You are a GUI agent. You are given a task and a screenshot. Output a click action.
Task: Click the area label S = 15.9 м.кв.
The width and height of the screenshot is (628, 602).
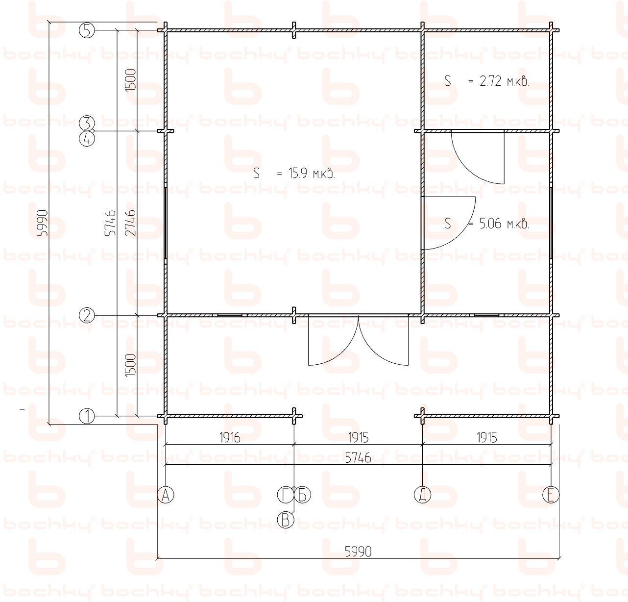tap(294, 174)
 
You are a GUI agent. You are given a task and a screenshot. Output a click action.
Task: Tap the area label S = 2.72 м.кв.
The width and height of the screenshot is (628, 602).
tap(486, 81)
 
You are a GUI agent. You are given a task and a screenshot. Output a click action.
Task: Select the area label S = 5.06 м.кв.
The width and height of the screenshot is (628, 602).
tap(486, 224)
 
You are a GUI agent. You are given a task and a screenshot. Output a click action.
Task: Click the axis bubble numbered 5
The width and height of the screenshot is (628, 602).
tap(87, 31)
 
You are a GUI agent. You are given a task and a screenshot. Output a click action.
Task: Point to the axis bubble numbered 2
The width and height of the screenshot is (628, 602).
tap(87, 316)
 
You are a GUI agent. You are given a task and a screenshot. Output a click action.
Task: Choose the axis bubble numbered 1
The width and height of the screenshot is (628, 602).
tap(87, 416)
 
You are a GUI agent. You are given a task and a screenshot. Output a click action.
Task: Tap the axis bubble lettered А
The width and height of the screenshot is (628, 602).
tap(166, 495)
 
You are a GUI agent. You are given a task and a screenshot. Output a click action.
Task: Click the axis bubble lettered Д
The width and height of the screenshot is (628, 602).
tap(422, 495)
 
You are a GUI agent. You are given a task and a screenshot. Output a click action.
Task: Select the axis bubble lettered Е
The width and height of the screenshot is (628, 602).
tap(551, 495)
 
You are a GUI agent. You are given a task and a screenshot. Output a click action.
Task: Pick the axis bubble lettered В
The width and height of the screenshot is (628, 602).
tap(286, 520)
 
